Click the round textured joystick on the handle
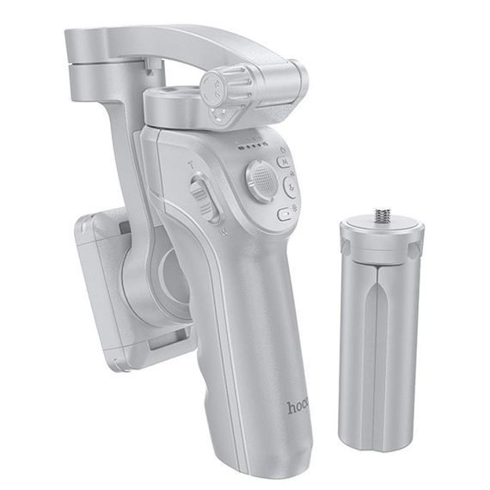tap(261, 179)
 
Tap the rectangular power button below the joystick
tap(285, 214)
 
